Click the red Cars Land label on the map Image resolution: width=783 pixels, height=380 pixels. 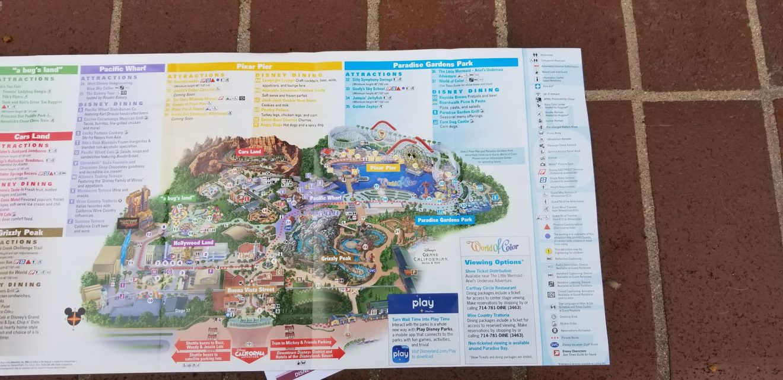point(249,152)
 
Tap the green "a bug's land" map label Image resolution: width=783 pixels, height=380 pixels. point(178,197)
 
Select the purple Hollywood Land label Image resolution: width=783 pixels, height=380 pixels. point(193,242)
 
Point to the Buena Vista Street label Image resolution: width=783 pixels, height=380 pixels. point(250,290)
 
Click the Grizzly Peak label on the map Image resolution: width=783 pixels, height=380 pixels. point(336,258)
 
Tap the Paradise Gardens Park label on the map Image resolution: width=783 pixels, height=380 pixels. point(445,220)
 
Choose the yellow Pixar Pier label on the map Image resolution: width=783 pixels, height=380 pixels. point(383,168)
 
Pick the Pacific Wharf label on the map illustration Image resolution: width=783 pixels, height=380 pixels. point(326,198)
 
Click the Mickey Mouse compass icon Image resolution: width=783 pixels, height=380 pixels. point(74,318)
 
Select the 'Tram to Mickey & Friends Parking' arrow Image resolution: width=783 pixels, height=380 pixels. point(303,343)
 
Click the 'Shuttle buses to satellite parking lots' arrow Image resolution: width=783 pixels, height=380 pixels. point(200,356)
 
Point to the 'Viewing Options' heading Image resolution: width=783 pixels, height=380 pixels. point(494,261)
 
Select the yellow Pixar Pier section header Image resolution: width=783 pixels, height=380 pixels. point(254,66)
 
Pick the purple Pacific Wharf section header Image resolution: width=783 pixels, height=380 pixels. point(123,69)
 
